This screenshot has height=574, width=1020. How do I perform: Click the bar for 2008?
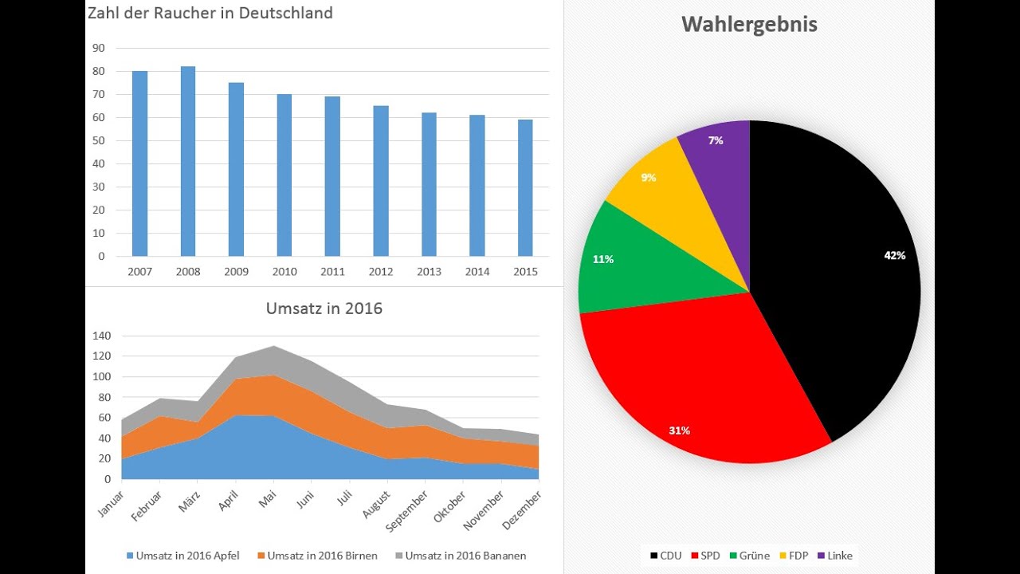coord(188,161)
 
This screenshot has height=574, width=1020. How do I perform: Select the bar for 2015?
coord(525,188)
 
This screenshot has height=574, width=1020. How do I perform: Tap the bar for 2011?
coord(332,176)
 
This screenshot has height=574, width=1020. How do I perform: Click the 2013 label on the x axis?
coord(429,272)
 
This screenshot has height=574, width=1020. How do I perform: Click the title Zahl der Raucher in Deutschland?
coord(210,13)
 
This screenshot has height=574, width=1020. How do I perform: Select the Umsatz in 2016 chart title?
coord(324,308)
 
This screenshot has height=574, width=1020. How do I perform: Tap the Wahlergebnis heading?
coord(749,25)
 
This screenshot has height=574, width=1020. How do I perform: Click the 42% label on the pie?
coord(894,255)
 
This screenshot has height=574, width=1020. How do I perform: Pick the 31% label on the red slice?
coord(679,431)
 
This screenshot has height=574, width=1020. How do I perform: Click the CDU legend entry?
coord(665,556)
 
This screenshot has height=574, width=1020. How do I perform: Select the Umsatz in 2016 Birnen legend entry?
coord(316,556)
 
